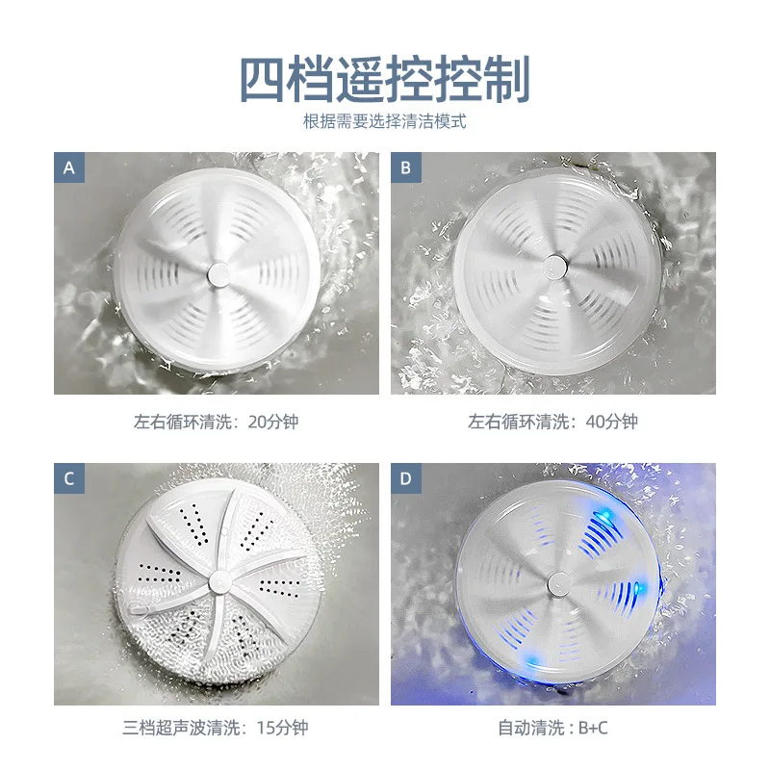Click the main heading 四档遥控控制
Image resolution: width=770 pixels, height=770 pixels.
(385, 80)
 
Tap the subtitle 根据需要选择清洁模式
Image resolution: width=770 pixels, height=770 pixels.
(385, 122)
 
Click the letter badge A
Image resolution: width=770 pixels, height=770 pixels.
(68, 167)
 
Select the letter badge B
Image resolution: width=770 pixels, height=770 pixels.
(405, 167)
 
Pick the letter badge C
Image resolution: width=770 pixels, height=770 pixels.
(68, 478)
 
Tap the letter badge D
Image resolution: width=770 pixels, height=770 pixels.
(405, 478)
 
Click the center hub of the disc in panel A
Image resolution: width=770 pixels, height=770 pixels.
(218, 273)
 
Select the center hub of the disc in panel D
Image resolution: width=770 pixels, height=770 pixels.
(557, 582)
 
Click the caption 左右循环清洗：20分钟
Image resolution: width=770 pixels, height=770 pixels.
(217, 422)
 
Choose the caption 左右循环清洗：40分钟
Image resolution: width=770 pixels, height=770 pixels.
(553, 422)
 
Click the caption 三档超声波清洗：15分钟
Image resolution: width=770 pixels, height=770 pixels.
(217, 728)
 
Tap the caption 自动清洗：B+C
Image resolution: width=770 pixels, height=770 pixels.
(553, 728)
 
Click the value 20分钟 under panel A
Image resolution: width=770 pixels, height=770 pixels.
(276, 422)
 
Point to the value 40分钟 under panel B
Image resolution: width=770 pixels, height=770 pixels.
(613, 422)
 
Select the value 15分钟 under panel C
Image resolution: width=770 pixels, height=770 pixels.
(283, 728)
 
